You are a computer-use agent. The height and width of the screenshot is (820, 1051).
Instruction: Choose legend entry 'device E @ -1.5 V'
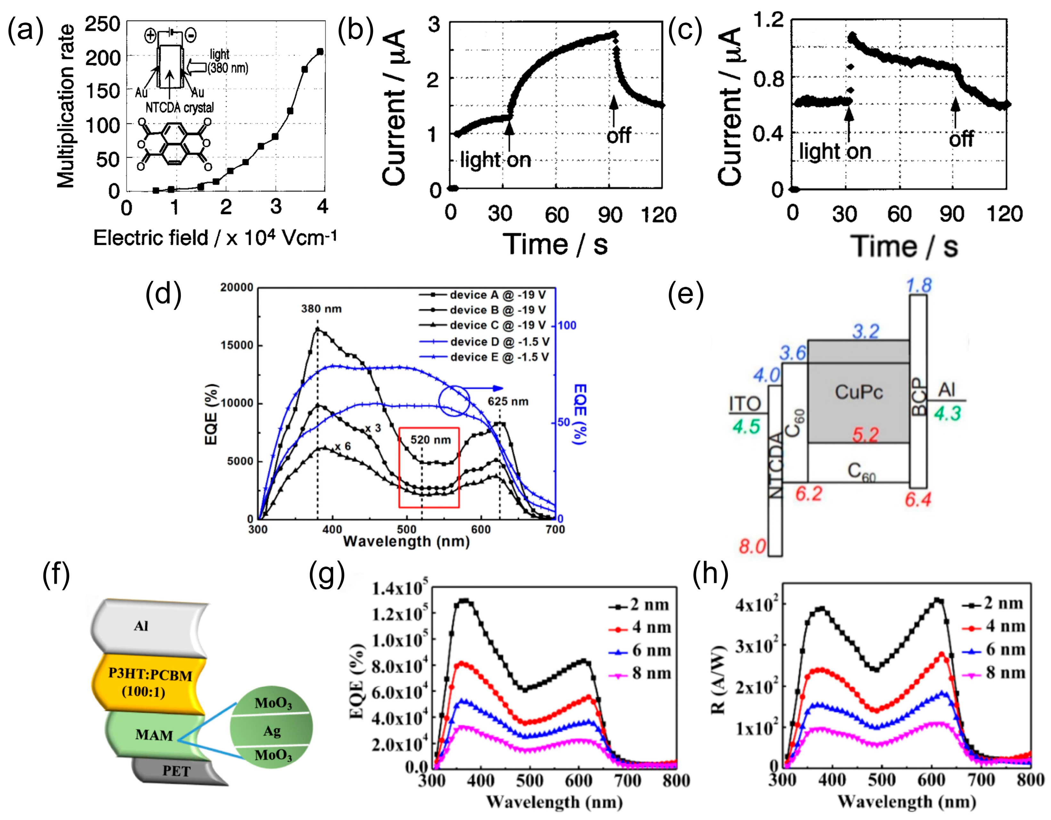pos(499,357)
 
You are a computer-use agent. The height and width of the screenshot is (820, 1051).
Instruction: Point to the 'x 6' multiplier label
pos(343,446)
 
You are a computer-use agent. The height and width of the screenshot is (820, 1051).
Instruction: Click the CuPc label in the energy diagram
pos(859,392)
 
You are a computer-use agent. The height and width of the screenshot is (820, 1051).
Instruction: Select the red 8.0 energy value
pos(752,546)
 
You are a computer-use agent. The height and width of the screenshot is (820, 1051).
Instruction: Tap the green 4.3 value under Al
pos(947,414)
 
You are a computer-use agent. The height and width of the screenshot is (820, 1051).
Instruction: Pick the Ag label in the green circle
pos(272,731)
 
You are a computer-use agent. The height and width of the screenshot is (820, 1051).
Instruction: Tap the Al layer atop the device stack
pos(141,626)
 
